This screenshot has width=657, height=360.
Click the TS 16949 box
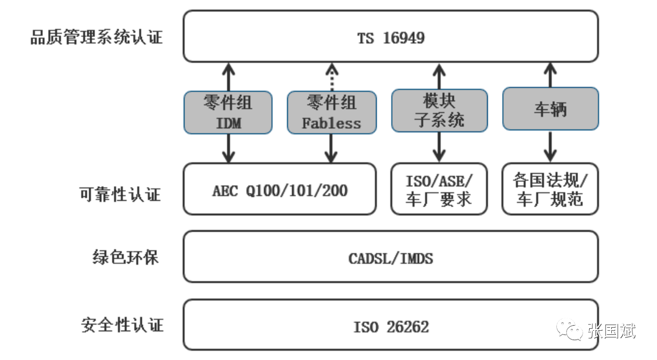click(x=391, y=36)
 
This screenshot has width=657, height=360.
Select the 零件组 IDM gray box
click(x=228, y=112)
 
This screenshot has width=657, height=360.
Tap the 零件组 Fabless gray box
click(x=332, y=112)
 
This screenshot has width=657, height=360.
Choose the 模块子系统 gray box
click(x=439, y=110)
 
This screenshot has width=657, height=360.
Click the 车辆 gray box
click(x=550, y=108)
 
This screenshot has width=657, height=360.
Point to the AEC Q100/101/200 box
click(x=280, y=189)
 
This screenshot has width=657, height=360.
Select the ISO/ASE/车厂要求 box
click(x=438, y=189)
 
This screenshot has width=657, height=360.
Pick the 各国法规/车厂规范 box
click(x=550, y=189)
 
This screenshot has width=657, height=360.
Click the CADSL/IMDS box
click(x=391, y=257)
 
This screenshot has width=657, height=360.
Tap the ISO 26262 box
click(x=391, y=326)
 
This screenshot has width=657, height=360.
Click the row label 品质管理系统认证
click(x=96, y=37)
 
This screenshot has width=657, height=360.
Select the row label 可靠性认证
click(x=120, y=194)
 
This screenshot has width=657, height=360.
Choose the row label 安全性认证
click(x=122, y=325)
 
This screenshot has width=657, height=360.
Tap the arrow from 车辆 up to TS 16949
click(x=550, y=74)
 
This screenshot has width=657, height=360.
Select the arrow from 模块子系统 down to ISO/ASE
click(x=439, y=147)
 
